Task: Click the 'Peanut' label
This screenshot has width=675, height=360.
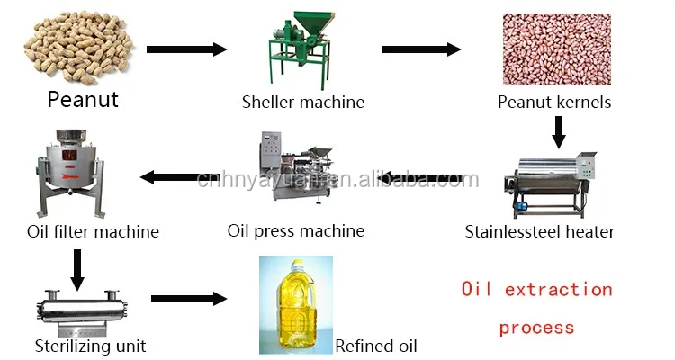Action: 83,99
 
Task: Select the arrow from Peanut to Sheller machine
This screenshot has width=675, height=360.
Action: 185,49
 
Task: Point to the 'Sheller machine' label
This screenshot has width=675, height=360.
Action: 303,102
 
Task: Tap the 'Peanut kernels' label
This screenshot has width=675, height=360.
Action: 554,102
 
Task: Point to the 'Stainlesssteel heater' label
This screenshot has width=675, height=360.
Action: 539,231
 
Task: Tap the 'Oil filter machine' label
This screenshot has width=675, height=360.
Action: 93,231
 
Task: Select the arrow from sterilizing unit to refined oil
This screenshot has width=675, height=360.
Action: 188,298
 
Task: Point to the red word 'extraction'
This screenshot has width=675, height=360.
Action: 558,289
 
